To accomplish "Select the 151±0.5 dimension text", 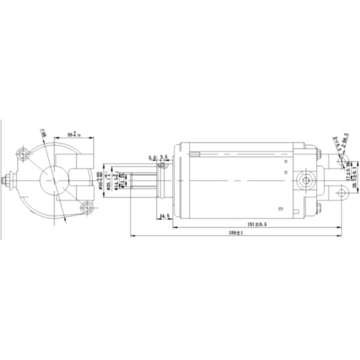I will click(256, 223).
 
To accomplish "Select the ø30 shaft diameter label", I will click(98, 178).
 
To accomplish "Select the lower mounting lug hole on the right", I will click(341, 193).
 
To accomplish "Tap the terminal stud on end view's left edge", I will click(7, 180).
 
